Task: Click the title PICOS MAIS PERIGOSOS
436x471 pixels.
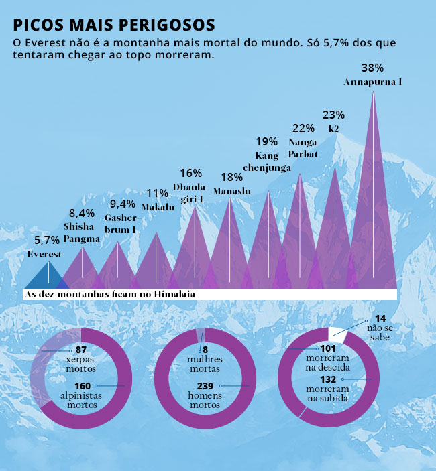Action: pos(113,25)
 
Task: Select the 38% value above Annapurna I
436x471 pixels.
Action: pos(372,68)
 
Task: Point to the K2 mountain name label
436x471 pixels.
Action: pos(333,128)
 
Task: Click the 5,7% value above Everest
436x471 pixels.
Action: pos(47,241)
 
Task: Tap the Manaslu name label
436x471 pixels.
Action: pos(231,191)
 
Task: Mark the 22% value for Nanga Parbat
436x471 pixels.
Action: pos(304,128)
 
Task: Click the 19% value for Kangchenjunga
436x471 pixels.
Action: pos(267,141)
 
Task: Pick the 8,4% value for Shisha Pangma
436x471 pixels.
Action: pos(82,214)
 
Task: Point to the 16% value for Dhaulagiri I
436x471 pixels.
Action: pos(191,173)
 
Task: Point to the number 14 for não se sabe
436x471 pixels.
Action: pos(381,318)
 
